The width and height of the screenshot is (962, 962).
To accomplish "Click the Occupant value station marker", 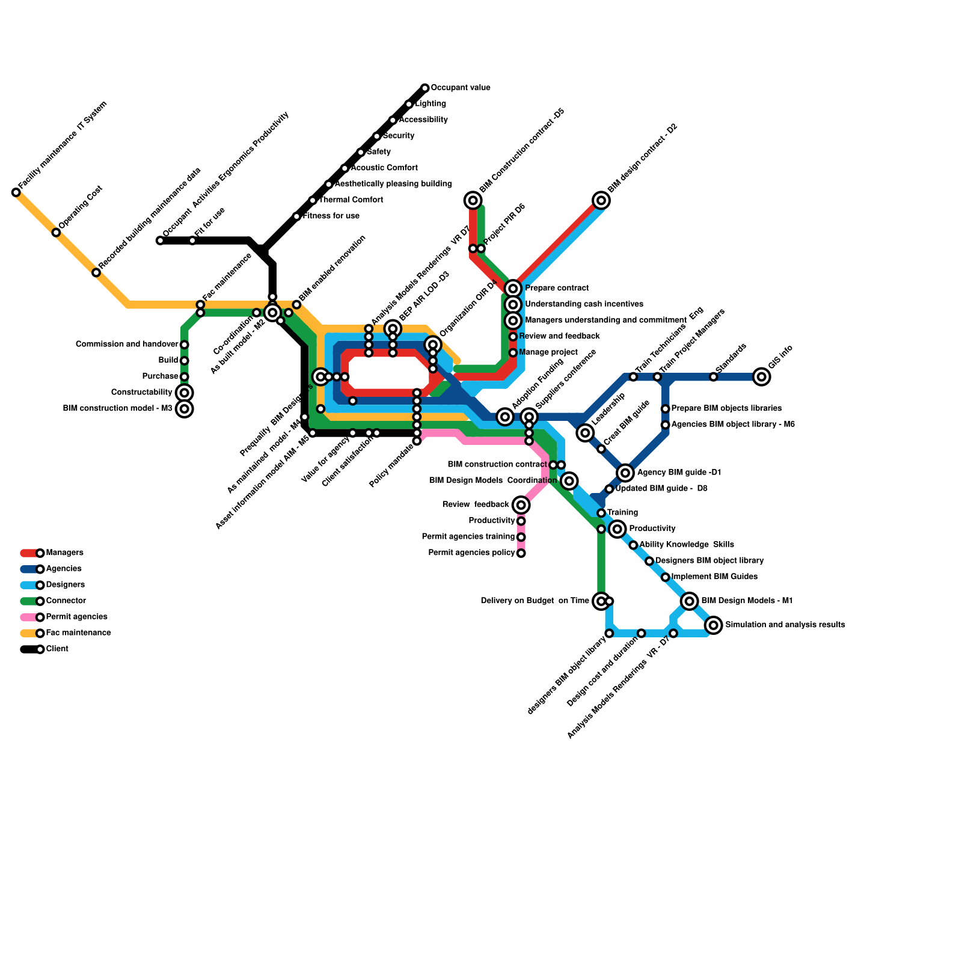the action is tap(425, 88).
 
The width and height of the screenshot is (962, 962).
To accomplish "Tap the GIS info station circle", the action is tap(761, 377).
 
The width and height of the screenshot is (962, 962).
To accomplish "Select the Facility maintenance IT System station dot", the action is tap(16, 192).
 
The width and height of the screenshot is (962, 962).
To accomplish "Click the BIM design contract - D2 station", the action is tap(601, 200).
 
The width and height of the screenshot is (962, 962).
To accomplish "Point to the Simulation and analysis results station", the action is tap(714, 625).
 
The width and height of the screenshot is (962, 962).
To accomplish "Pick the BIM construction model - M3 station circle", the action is tap(185, 409).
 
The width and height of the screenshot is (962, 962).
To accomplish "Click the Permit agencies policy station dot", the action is tap(521, 553).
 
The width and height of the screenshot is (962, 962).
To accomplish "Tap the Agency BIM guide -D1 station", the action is tap(625, 473).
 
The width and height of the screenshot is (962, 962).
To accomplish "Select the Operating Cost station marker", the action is tap(56, 233).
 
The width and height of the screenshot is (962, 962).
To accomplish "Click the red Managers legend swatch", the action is tap(29, 553).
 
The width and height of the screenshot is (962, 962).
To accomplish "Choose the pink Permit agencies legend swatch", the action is tap(29, 617).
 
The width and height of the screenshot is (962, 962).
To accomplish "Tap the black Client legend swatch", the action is tap(29, 649).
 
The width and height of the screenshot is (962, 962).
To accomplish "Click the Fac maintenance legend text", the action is tap(78, 633).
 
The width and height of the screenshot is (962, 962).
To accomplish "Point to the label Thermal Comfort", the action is tap(351, 200).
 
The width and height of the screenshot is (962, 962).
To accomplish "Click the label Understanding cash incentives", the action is tap(584, 304).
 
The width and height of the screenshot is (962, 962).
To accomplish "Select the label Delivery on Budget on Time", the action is tap(535, 601).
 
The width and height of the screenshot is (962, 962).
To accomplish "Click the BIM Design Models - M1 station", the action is tap(690, 601).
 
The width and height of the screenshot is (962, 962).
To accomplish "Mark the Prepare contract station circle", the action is tap(513, 289).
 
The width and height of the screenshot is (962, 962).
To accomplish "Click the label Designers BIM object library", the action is tap(709, 561).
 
